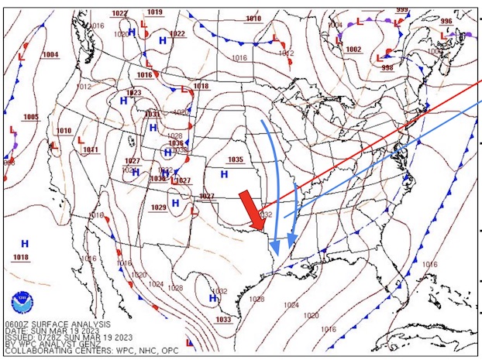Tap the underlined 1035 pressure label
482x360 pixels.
click(x=236, y=160)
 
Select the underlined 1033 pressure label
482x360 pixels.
click(x=223, y=320)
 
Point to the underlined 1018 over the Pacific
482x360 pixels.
click(x=21, y=257)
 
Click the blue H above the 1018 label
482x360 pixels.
click(x=25, y=243)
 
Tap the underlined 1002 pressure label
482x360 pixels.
click(x=353, y=50)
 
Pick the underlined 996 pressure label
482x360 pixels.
click(x=446, y=22)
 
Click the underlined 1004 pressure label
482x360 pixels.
click(x=50, y=55)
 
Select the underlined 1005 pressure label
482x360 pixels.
click(x=31, y=118)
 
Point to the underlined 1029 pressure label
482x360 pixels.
click(x=158, y=207)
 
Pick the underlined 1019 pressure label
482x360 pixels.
click(x=155, y=12)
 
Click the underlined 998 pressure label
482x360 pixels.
click(x=387, y=68)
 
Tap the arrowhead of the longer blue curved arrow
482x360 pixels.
click(x=275, y=246)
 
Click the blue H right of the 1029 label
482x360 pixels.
click(x=176, y=203)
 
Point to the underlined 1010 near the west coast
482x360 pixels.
click(x=64, y=132)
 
